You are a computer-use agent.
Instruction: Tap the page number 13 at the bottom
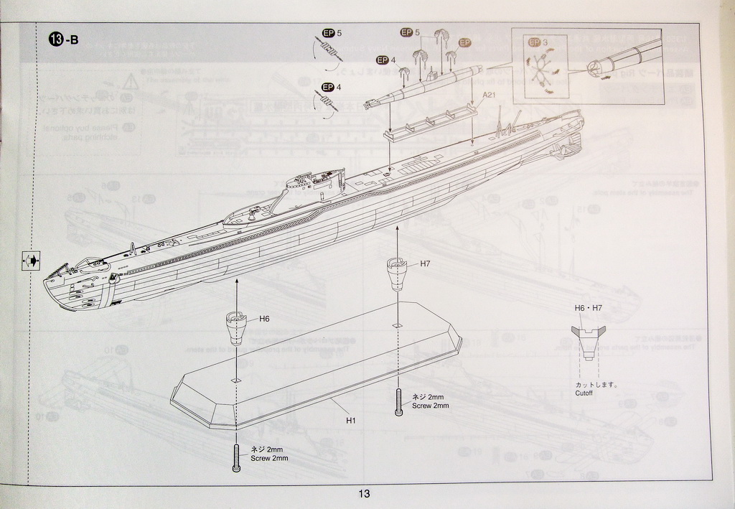[x=364, y=493]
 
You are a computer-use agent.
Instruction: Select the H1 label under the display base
[x=351, y=420]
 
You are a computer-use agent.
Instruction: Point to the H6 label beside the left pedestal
[x=264, y=318]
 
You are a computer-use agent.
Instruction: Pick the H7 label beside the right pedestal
[x=426, y=263]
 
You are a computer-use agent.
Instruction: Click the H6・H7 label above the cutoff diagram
[x=588, y=308]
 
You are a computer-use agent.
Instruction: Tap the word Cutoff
[x=584, y=393]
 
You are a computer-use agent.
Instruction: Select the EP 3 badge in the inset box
[x=538, y=42]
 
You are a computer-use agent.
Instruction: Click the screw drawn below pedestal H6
[x=236, y=457]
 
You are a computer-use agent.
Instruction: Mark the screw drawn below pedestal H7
[x=398, y=402]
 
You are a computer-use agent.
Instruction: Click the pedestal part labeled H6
[x=237, y=327]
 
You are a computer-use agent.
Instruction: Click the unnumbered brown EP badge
[x=464, y=43]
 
